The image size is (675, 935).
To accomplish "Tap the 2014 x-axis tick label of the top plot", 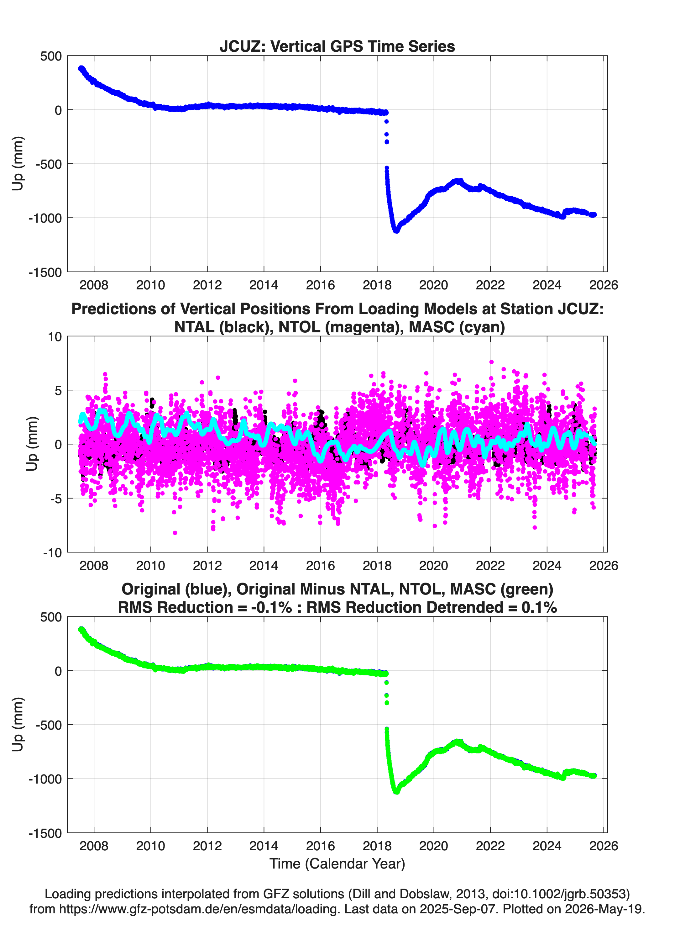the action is tap(264, 285).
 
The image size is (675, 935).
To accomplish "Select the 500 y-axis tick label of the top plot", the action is tap(51, 56).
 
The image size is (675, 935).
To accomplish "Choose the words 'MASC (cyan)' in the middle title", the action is tap(457, 327).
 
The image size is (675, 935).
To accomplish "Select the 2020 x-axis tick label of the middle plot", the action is tap(433, 566).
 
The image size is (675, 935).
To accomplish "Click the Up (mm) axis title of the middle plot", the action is tap(32, 444).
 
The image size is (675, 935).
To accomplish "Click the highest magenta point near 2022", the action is tap(491, 362).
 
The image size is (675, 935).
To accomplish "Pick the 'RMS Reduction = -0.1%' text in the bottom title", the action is tap(205, 608).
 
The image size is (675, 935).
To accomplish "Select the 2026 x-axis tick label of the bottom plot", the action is tap(604, 846).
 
